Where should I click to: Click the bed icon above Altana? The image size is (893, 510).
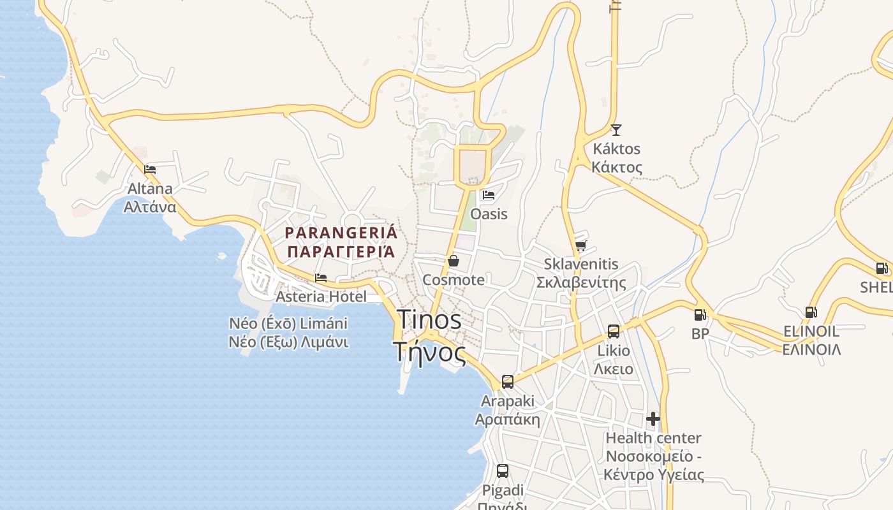[150, 170]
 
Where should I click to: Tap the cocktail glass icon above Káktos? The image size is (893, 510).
[616, 130]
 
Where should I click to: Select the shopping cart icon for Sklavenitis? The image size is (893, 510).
[580, 245]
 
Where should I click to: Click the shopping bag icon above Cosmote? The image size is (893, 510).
[454, 261]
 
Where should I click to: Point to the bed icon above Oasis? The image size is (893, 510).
[489, 195]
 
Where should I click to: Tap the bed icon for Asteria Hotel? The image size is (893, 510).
[321, 278]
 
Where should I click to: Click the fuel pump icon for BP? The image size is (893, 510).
[700, 314]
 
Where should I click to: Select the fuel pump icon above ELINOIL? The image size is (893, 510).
[811, 312]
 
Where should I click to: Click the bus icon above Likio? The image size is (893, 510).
[613, 331]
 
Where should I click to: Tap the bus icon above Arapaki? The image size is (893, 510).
[507, 382]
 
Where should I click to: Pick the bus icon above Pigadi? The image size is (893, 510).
[503, 471]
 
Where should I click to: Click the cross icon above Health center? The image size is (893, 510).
[653, 419]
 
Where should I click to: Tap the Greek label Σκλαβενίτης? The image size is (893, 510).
[581, 282]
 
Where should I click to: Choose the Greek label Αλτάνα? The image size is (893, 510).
[150, 207]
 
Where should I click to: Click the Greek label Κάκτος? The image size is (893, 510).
[617, 168]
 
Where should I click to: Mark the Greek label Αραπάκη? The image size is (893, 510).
[507, 419]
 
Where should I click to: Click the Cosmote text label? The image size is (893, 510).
[454, 280]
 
